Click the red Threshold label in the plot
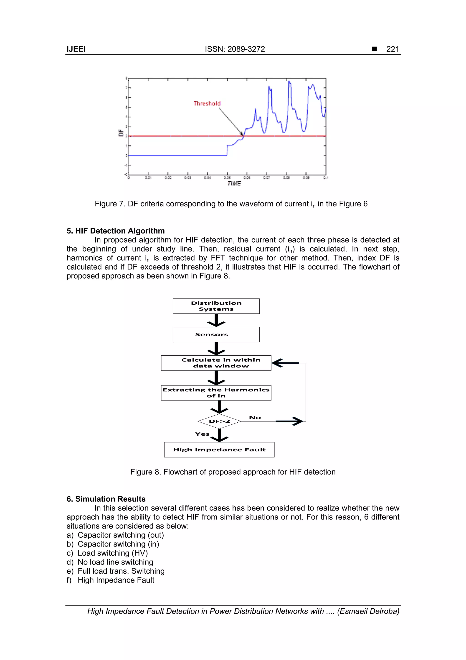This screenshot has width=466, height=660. tap(207, 103)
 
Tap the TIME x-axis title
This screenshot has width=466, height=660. tap(234, 183)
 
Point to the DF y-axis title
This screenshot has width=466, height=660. tap(121, 133)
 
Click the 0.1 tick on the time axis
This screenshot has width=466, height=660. tap(326, 178)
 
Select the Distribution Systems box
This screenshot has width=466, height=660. tap(216, 306)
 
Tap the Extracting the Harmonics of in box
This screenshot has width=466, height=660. tap(216, 393)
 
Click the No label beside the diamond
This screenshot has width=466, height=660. tap(255, 418)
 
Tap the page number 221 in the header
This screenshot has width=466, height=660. tap(393, 49)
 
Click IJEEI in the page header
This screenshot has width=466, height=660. tap(76, 49)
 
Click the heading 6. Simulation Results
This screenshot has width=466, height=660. tap(106, 499)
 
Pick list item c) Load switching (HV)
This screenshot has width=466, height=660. tap(107, 553)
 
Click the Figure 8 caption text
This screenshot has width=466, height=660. tap(233, 472)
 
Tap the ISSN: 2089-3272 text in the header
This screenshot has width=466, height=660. tap(235, 49)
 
